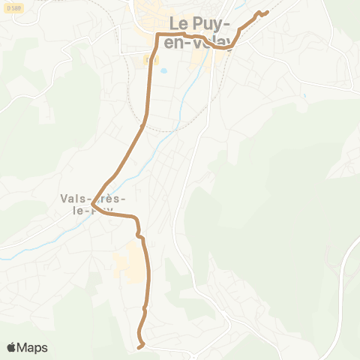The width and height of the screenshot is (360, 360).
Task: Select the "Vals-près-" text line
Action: pos(93,199)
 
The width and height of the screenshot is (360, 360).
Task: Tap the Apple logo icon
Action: pos(10,347)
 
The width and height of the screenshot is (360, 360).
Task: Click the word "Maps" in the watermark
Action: pos(32,347)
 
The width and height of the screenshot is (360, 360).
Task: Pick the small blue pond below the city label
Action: pos(162,73)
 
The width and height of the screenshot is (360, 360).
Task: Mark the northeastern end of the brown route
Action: pos(266,12)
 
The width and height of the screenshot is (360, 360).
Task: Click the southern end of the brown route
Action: pos(140,346)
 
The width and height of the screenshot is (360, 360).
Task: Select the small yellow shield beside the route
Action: pos(147,58)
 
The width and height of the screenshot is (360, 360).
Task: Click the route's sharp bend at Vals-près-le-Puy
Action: pos(92,205)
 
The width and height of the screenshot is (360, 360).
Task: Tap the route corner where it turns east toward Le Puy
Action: pos(158,36)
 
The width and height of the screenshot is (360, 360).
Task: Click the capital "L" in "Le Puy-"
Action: pos(175,23)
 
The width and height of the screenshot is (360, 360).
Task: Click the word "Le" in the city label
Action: pos(180,23)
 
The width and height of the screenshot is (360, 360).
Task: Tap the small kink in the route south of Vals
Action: pos(139,236)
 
